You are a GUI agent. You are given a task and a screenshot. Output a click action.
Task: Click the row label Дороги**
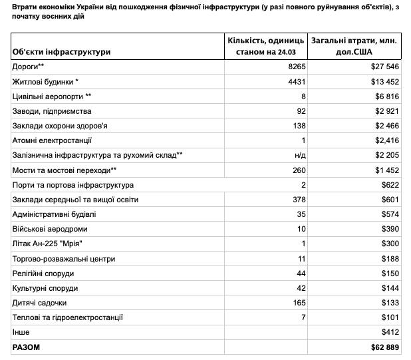click(28, 67)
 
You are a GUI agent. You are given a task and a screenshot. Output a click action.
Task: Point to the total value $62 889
click(384, 347)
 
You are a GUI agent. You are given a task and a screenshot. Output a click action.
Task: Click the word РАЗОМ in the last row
click(27, 347)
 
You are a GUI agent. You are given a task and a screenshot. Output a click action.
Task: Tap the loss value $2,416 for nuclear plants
click(385, 140)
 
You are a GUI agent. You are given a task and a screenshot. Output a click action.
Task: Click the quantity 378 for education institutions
click(296, 200)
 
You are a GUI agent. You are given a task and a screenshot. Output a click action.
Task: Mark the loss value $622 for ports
click(389, 185)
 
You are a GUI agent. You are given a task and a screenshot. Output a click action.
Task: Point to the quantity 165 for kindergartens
click(296, 303)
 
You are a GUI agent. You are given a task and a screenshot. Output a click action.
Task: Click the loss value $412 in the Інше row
click(389, 332)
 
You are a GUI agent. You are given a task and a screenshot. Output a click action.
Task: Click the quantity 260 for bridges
click(296, 170)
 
